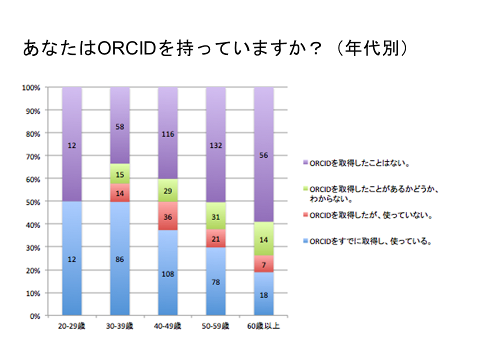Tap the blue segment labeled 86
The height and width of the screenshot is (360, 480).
(120, 259)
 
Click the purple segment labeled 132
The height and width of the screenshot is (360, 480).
(216, 145)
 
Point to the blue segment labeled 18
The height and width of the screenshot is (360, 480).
(264, 294)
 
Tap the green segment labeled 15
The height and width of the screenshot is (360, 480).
(120, 174)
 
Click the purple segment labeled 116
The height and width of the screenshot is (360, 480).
(168, 133)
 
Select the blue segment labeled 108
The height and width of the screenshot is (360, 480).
(168, 273)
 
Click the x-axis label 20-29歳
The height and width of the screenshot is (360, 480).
(71, 326)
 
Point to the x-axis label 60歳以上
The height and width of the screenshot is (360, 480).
(264, 326)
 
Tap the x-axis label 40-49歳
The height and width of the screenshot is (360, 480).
(168, 326)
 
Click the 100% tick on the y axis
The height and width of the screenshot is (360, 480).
(31, 87)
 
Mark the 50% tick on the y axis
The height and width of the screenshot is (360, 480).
(33, 201)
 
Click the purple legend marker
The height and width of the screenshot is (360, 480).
(305, 163)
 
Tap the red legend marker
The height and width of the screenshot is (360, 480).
(305, 216)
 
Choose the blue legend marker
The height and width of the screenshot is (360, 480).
(305, 242)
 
